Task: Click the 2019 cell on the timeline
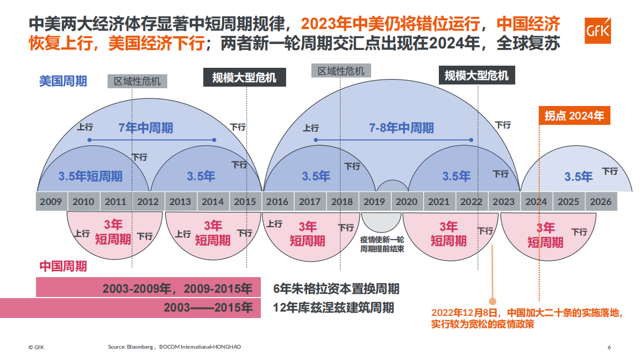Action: click(374, 202)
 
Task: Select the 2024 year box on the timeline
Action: click(536, 202)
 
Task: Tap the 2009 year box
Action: click(51, 202)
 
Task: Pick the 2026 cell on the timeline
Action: click(601, 202)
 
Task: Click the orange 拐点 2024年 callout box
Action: click(574, 115)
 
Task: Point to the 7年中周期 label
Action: click(146, 128)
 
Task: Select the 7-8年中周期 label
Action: click(401, 128)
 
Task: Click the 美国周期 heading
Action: click(63, 81)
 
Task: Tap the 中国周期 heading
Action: click(63, 266)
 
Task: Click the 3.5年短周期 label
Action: click(90, 176)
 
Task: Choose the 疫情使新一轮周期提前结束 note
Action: click(382, 244)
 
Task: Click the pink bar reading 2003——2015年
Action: click(130, 308)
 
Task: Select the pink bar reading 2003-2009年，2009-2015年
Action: click(148, 288)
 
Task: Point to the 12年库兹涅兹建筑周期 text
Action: click(333, 308)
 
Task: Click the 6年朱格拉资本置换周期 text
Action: click(336, 288)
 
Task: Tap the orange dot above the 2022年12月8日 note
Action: click(492, 301)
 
